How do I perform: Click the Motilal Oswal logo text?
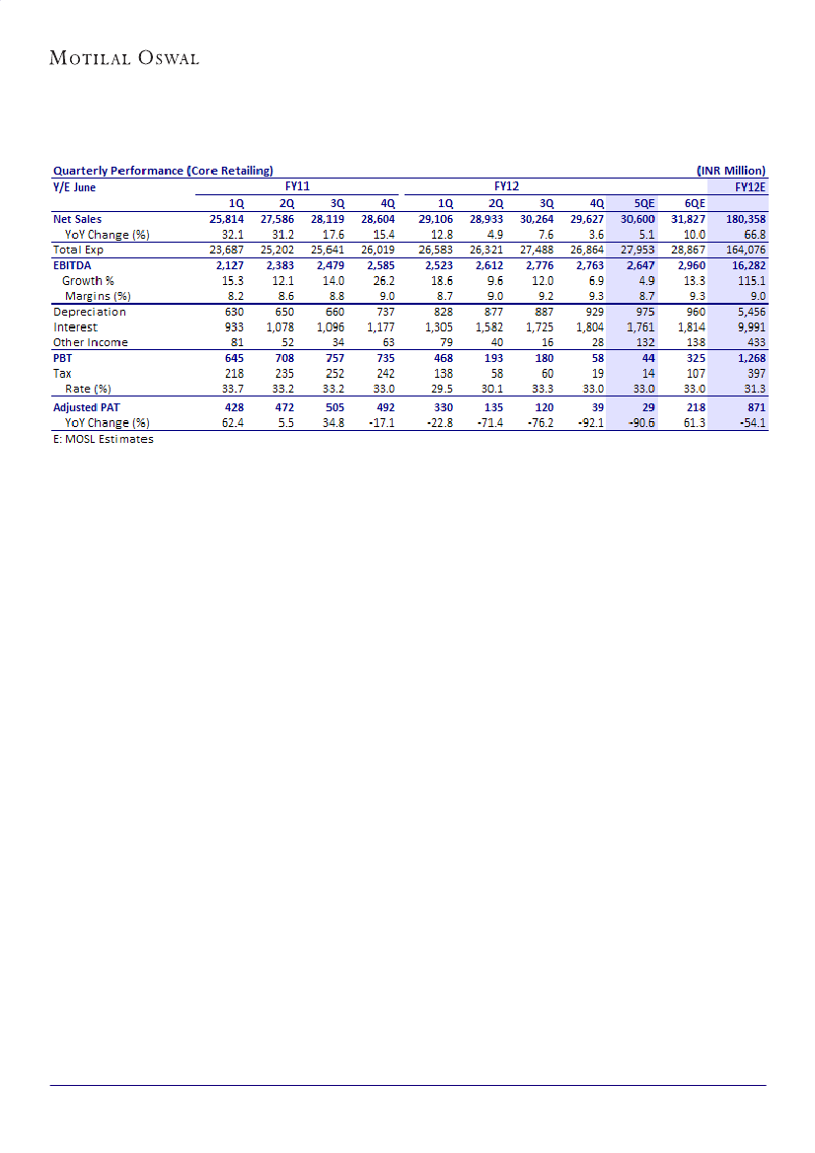pos(124,58)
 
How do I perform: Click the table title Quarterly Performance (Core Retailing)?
pos(163,171)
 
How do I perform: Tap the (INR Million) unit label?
pos(730,171)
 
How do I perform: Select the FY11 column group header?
pos(297,185)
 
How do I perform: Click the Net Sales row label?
pos(77,219)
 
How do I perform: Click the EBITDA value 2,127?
pos(228,265)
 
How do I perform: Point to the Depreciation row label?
pos(90,312)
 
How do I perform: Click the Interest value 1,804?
pos(589,326)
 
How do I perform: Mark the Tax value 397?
pos(755,374)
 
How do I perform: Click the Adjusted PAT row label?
pos(87,406)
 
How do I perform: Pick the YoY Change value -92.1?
pos(589,422)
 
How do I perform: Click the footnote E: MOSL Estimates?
pos(104,438)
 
